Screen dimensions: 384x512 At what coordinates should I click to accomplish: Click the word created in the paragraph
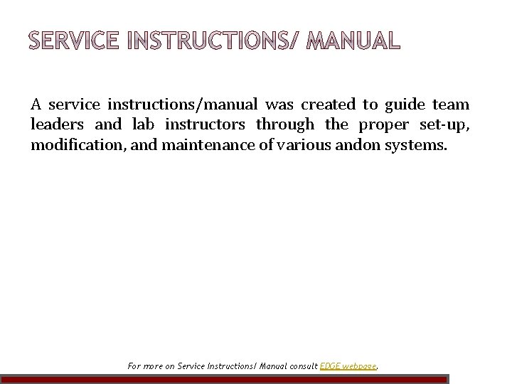pyautogui.click(x=328, y=105)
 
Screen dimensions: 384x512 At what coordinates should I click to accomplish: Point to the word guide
pyautogui.click(x=405, y=105)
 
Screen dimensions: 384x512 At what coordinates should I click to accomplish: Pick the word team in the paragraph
pyautogui.click(x=451, y=105)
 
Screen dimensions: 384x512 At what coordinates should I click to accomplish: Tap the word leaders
pyautogui.click(x=58, y=125)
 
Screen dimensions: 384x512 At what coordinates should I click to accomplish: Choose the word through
pyautogui.click(x=285, y=125)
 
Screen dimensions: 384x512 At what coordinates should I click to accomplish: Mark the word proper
pyautogui.click(x=383, y=125)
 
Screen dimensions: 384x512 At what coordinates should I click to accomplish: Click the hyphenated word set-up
pyautogui.click(x=444, y=125)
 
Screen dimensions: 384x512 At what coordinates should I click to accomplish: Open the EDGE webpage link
pyautogui.click(x=349, y=367)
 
